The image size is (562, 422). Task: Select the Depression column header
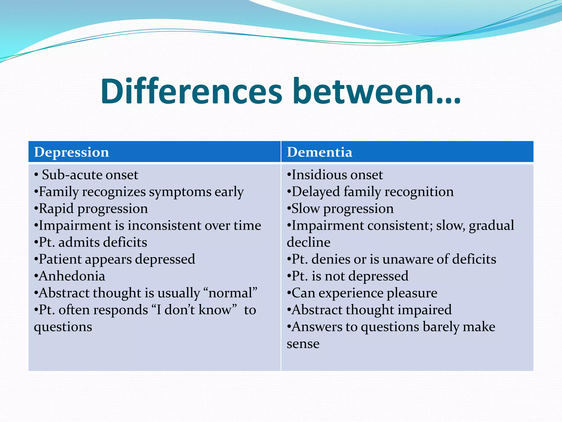pyautogui.click(x=71, y=152)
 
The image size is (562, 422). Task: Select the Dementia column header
pyautogui.click(x=319, y=152)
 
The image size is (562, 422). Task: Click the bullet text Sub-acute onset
pyautogui.click(x=90, y=175)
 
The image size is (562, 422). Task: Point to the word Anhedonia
pyautogui.click(x=72, y=276)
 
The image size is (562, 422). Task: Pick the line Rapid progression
pyautogui.click(x=93, y=209)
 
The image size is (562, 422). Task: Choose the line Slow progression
pyautogui.click(x=342, y=209)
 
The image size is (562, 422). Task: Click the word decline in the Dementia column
pyautogui.click(x=308, y=242)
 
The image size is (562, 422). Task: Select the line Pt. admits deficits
pyautogui.click(x=93, y=242)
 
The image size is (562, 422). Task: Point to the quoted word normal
pyautogui.click(x=231, y=293)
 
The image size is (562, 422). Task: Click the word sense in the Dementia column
pyautogui.click(x=303, y=344)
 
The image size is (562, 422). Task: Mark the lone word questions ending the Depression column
pyautogui.click(x=63, y=327)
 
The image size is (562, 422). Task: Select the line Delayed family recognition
pyautogui.click(x=372, y=192)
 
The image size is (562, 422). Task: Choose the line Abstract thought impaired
pyautogui.click(x=372, y=310)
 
